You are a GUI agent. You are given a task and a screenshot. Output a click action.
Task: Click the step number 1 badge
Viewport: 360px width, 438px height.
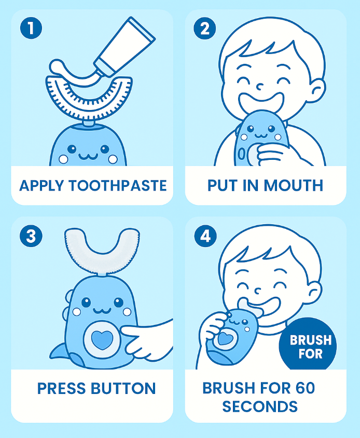(31, 28)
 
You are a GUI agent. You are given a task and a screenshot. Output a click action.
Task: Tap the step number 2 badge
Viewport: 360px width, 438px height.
(205, 28)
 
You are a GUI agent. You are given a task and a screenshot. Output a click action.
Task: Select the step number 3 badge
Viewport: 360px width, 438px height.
(31, 236)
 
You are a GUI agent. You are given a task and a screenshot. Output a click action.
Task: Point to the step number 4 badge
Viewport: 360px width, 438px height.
(205, 236)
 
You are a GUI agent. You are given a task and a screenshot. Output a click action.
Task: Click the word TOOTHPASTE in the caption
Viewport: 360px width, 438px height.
(118, 186)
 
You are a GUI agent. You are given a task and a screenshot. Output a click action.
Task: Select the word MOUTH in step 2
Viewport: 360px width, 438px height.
(293, 185)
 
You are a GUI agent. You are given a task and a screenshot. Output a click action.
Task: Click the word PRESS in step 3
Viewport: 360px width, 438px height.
(61, 388)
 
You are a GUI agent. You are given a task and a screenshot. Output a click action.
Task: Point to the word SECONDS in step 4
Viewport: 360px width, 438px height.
(260, 406)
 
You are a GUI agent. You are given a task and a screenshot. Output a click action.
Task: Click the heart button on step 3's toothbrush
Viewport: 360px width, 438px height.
(102, 339)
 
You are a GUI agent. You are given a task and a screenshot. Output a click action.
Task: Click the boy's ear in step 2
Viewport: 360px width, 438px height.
(318, 91)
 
